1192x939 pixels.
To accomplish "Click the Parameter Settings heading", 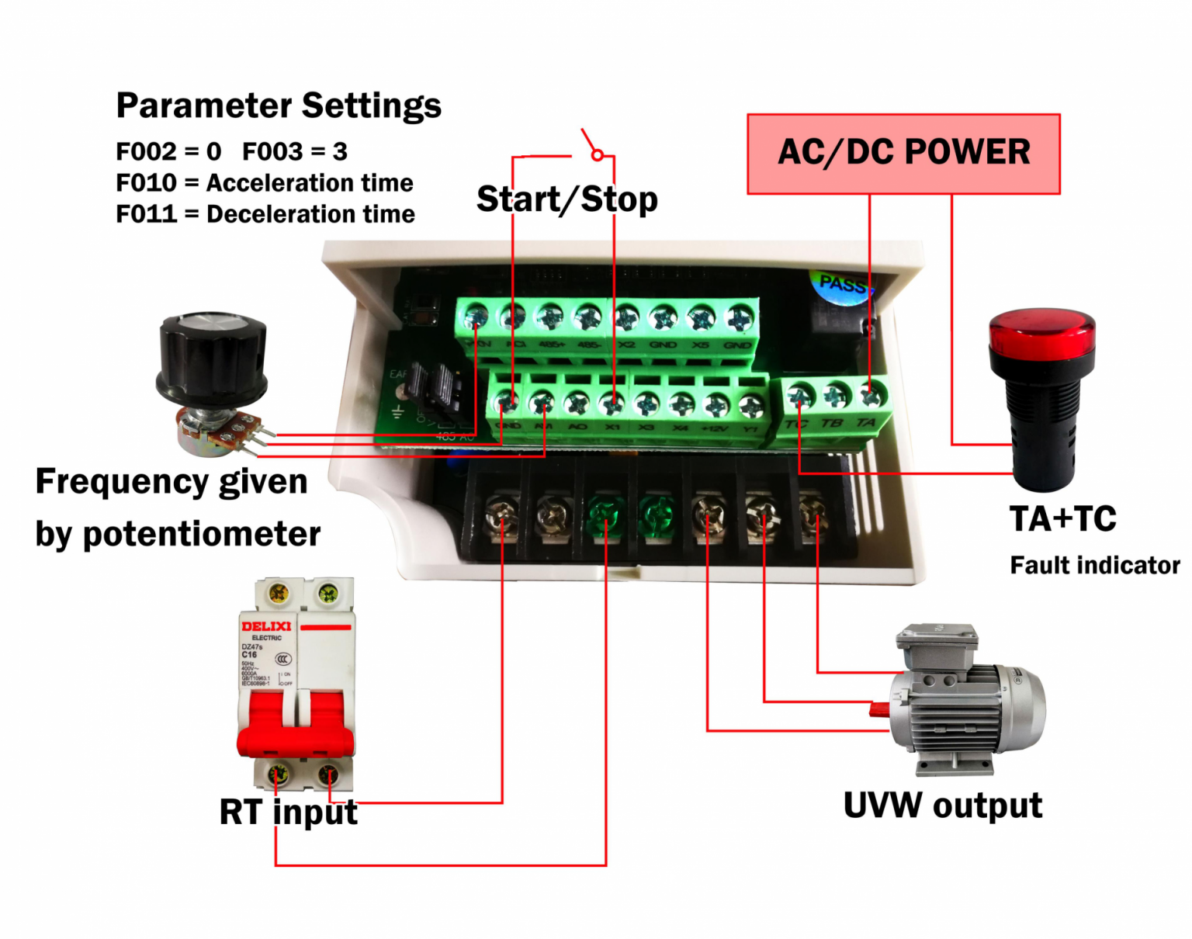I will pos(279,106).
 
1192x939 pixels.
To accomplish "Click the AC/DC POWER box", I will pos(903,154).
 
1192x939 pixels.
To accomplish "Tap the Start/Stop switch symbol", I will pos(594,147).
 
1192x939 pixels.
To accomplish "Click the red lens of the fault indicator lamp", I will pos(1042,333).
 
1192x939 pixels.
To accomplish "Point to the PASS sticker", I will pos(842,285).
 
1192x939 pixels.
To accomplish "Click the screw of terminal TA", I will pos(871,396).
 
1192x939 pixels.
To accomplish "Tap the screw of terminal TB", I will pos(836,396).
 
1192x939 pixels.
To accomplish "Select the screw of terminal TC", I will pos(801,397).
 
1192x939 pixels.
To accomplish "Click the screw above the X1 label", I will pos(612,403).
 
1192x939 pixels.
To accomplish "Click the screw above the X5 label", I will pos(701,317).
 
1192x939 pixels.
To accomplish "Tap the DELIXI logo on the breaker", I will pos(265,626).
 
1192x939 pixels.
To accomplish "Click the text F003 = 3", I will pos(295,151).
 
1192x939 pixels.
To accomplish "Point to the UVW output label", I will pos(942,806).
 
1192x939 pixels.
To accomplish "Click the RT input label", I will pos(288,812).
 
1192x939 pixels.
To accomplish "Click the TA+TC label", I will pos(1062,519).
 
